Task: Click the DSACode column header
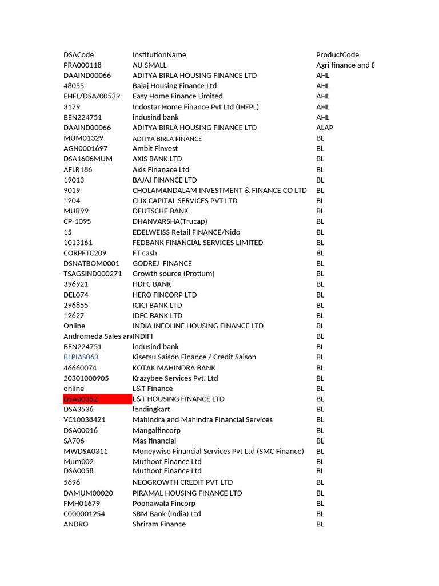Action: tap(79, 55)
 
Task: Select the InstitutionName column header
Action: tap(159, 55)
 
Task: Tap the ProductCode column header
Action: tap(337, 55)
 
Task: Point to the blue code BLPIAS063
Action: tap(81, 357)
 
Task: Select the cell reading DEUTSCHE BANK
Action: tap(161, 211)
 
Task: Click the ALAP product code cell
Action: tap(325, 128)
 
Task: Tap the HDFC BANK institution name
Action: tap(152, 284)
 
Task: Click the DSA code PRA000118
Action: tap(82, 65)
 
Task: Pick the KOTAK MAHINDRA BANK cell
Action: tap(174, 368)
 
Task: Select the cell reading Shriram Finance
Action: tap(159, 524)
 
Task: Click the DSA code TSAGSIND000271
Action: tap(93, 274)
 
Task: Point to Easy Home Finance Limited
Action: tap(178, 96)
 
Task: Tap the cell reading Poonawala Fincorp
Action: tap(164, 504)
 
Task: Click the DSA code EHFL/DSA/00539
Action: tap(92, 96)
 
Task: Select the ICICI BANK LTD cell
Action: tap(157, 305)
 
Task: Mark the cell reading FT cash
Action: tap(145, 253)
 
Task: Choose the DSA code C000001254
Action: tap(85, 514)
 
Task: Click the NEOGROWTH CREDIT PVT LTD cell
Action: tap(182, 482)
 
